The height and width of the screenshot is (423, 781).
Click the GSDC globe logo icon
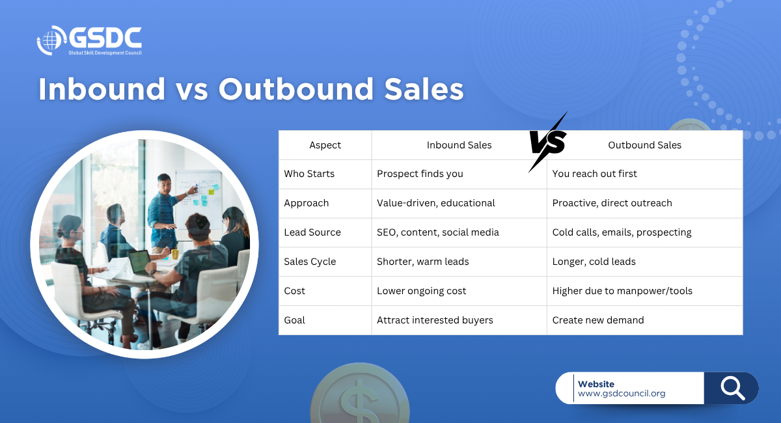pos(51,40)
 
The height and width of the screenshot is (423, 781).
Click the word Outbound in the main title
pos(296,89)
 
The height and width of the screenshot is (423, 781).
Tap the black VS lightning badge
pos(548,142)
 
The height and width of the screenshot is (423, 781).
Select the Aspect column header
pos(325,145)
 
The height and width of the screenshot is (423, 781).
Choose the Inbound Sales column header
pos(459,145)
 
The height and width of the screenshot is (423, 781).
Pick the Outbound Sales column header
pos(645,145)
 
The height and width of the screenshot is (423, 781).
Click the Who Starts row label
pos(309,174)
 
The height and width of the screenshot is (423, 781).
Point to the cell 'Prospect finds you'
pos(420,174)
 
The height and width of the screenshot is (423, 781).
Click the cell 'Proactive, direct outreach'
pos(612,203)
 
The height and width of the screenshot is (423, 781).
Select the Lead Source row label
pos(312,232)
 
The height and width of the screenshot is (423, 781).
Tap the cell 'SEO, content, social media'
pos(438,232)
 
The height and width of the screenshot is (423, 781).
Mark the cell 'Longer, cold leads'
pos(594,262)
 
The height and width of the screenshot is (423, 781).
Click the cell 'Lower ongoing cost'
pos(422,291)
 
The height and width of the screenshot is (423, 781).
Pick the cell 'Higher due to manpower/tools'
pos(622,291)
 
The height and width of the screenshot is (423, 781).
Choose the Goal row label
pos(295,320)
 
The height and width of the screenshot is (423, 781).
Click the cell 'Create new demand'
pos(598,320)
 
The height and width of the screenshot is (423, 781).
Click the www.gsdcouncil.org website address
pos(622,394)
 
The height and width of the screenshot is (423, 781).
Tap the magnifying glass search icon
pos(733,388)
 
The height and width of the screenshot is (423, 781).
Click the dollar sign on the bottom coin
pos(359,401)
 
